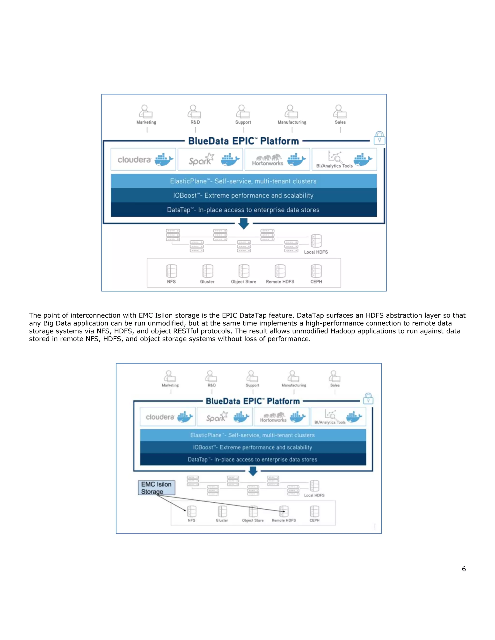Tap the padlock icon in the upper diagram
pos(379,138)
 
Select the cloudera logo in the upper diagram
pos(134,160)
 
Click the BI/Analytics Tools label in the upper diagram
pos(334,166)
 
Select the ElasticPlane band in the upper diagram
pos(243,181)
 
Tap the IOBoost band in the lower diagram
pos(253,447)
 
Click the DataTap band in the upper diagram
pos(243,210)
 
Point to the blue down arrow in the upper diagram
pos(244,224)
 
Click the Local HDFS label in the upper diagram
pos(316,252)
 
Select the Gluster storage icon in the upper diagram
pos(208,271)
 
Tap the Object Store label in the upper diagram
pos(243,282)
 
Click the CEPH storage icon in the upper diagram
pos(316,271)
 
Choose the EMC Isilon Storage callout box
pos(157,488)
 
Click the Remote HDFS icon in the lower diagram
pos(284,511)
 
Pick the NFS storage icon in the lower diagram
pos(191,511)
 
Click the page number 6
pos(464,569)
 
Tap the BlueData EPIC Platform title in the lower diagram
pos(253,401)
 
